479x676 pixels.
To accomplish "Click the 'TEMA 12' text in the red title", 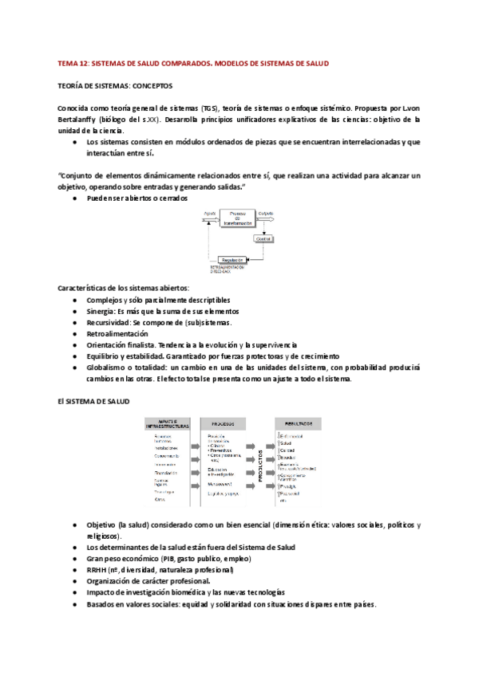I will tap(73, 63).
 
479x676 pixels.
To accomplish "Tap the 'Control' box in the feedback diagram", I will tap(263, 238).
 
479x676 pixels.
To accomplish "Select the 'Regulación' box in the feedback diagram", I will tap(233, 260).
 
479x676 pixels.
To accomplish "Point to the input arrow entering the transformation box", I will tap(212, 219).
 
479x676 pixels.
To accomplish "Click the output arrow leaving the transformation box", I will tap(266, 219).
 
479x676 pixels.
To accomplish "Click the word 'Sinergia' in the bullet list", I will tap(101, 311).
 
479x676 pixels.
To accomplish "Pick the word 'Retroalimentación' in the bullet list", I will tap(117, 333).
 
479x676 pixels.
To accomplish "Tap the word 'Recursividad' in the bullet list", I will tap(108, 322).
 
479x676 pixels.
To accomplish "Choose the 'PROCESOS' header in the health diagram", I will tap(224, 422).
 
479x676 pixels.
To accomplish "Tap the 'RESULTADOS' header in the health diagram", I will tap(295, 422).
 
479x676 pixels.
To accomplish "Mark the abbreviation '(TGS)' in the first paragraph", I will tap(209, 108).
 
